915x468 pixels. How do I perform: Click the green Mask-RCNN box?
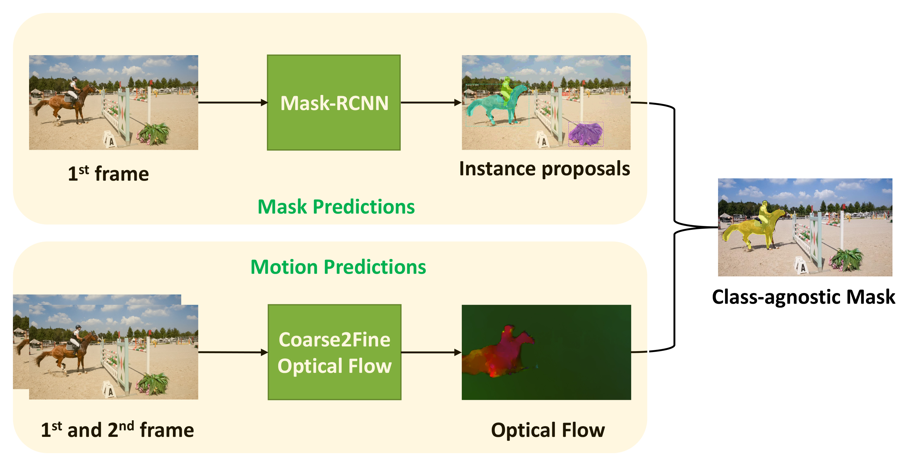point(334,102)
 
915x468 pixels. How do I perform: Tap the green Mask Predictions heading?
point(336,207)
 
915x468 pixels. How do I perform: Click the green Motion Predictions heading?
point(338,267)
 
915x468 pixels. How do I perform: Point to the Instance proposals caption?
point(544,169)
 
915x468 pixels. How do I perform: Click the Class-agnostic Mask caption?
point(803,297)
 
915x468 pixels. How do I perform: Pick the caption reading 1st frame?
point(108,174)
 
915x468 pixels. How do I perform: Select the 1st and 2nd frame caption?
point(117,430)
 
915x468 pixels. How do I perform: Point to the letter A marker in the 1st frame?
point(109,140)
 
